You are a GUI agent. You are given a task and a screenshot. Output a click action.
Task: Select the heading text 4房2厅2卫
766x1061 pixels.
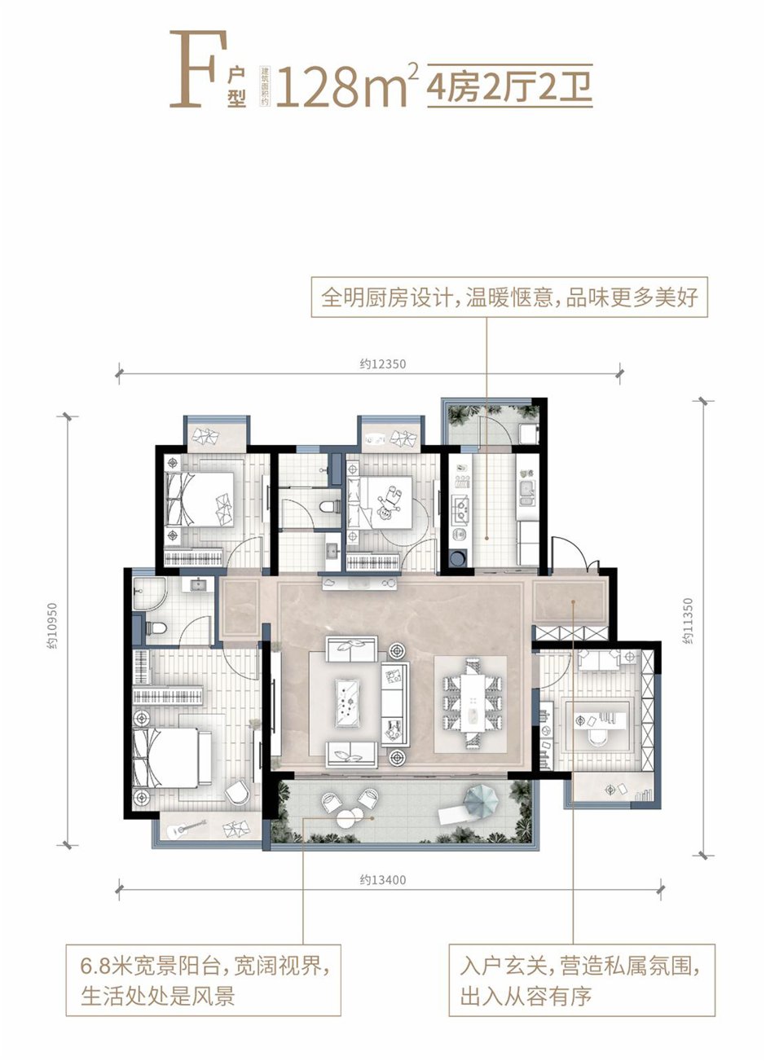[509, 86]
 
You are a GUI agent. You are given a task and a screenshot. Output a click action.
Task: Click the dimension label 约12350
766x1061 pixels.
[381, 364]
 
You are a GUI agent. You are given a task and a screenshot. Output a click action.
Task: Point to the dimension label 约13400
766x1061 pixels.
[382, 879]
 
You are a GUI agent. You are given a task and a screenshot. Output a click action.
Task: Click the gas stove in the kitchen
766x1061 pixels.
[460, 509]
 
